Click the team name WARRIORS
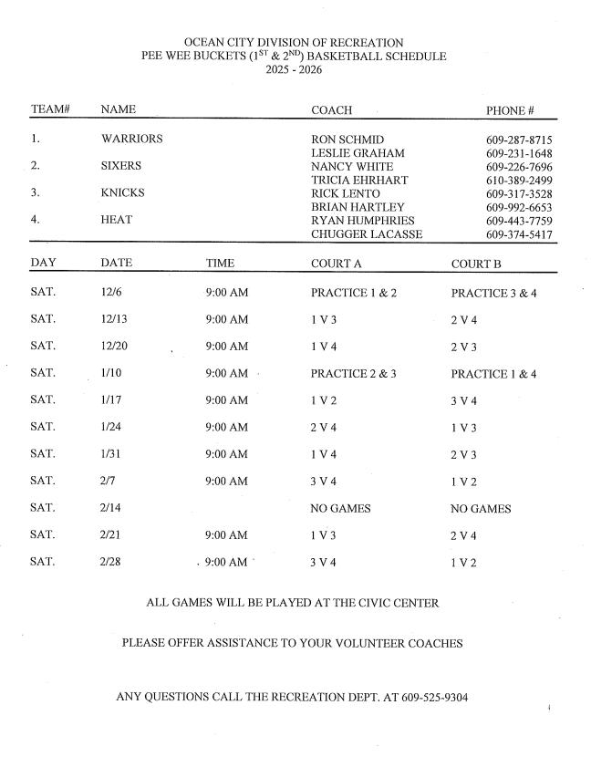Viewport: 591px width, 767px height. click(132, 140)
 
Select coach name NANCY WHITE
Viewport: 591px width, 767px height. click(352, 167)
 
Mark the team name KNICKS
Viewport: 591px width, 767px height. click(124, 193)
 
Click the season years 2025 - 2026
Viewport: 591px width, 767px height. click(294, 69)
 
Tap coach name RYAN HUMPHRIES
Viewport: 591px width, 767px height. click(363, 221)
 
